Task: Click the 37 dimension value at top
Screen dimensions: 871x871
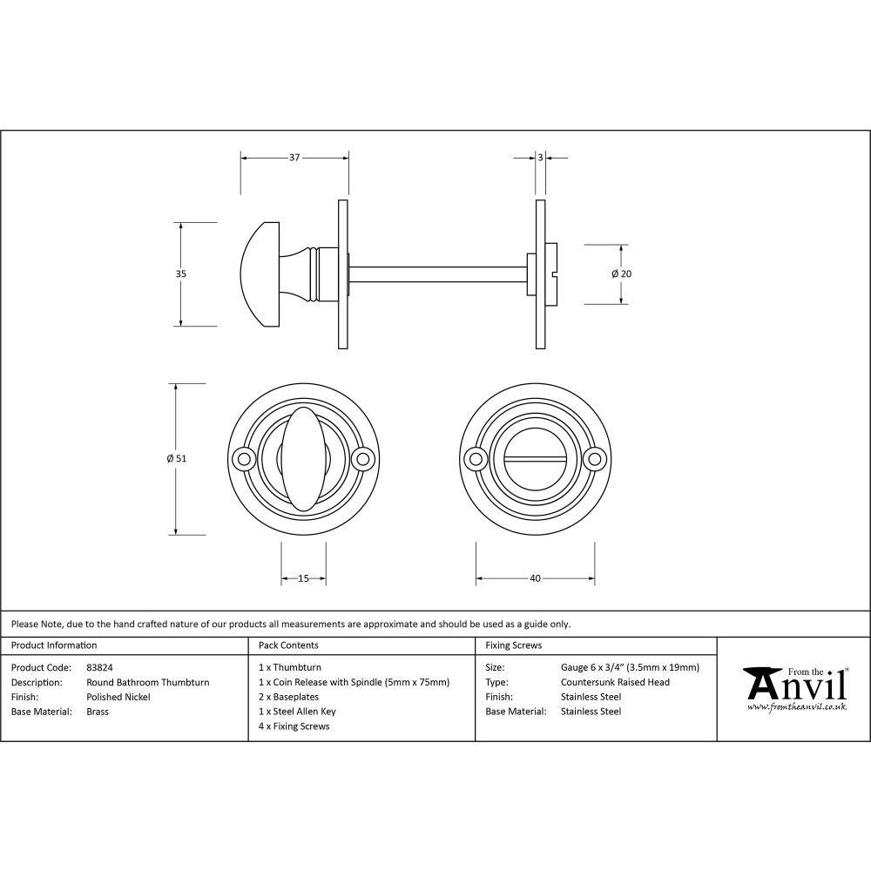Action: [294, 158]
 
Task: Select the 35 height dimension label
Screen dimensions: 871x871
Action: [181, 273]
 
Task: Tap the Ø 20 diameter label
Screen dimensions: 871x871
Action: [621, 273]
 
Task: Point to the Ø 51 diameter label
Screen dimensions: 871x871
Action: [177, 458]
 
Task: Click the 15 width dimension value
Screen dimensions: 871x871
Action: [303, 577]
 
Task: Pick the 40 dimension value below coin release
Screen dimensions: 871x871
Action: [535, 577]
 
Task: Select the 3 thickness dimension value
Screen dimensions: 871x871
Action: [540, 158]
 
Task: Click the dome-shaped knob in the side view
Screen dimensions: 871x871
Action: [259, 273]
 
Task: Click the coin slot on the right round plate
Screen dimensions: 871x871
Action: [535, 458]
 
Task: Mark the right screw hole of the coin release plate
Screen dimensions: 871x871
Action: [596, 458]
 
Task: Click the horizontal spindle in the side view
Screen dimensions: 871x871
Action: [435, 273]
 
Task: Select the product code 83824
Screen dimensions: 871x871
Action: [99, 668]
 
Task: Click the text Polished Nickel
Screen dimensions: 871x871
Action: [118, 697]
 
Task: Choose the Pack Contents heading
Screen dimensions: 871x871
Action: [288, 645]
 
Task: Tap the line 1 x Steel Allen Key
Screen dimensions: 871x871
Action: [297, 712]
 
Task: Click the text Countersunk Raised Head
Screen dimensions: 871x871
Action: [615, 682]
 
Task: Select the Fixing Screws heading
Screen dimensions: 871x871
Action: [513, 645]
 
